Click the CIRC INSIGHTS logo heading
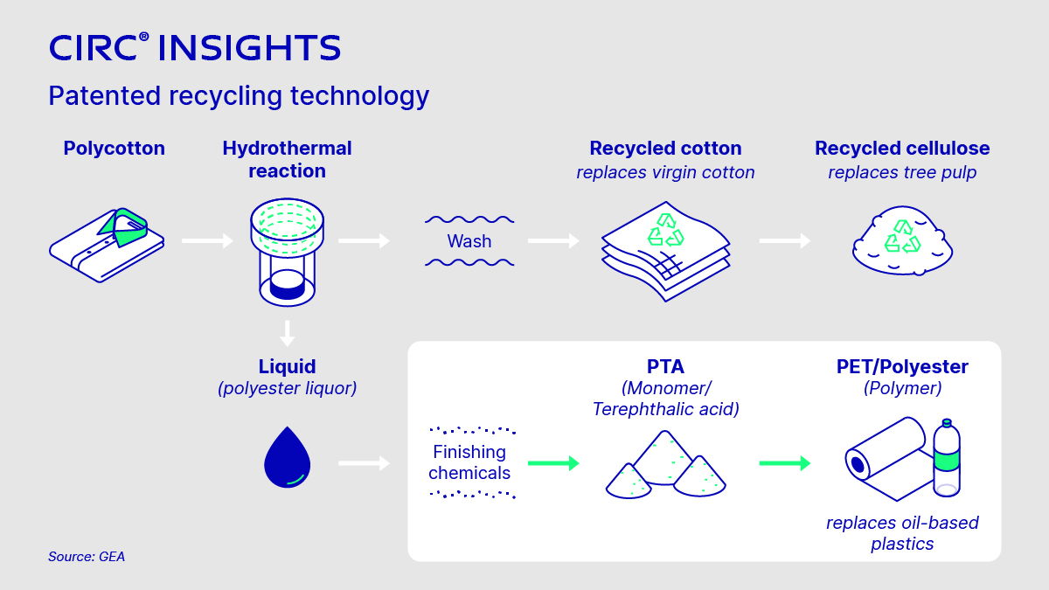194,47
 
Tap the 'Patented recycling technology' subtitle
239,95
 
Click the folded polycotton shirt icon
107,240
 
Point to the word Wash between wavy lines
469,241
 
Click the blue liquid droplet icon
288,457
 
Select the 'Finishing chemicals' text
469,462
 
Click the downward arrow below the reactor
287,334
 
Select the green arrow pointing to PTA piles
554,462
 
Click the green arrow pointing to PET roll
785,462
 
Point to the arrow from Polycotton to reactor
207,240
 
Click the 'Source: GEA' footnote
87,556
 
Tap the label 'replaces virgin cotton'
665,172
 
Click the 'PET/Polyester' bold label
902,367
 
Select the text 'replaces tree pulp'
902,172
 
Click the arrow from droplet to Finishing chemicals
364,462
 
